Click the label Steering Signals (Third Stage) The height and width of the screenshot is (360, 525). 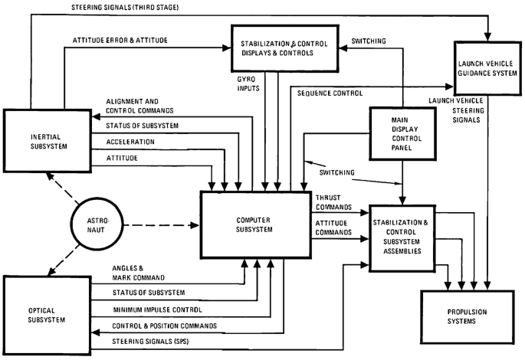tap(125, 7)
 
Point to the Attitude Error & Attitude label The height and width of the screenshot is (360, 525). tap(120, 41)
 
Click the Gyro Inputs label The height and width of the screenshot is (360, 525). tap(248, 83)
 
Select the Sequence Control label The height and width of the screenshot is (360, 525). tap(330, 93)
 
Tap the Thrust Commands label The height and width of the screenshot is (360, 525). tap(333, 202)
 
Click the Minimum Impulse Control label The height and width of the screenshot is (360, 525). tap(157, 309)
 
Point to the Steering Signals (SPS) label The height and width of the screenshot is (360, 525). tap(150, 342)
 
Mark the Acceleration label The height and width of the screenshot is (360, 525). tap(130, 142)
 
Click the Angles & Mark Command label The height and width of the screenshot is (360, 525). tap(138, 273)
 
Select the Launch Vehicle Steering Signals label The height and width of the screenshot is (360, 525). tap(457, 110)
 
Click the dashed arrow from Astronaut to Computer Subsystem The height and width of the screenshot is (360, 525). tap(162, 225)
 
